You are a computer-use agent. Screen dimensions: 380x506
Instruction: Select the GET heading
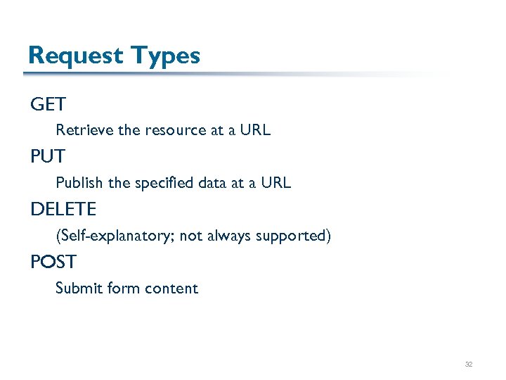click(48, 105)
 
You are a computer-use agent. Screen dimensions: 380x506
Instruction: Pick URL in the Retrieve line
click(254, 130)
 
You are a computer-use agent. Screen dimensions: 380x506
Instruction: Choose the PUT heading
click(48, 157)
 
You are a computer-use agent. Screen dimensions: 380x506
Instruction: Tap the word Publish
click(79, 183)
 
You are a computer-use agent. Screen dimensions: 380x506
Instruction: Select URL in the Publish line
click(275, 183)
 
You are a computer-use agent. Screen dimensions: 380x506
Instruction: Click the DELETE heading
click(63, 210)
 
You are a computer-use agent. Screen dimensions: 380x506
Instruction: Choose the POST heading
click(53, 262)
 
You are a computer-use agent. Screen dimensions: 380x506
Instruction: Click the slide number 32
click(468, 365)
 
